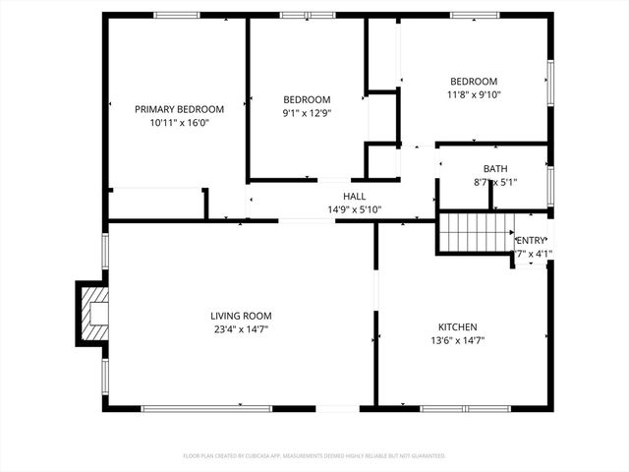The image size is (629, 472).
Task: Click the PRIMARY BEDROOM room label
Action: (179, 109)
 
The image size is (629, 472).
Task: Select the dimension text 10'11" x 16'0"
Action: (179, 123)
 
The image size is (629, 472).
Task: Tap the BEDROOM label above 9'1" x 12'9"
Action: (307, 99)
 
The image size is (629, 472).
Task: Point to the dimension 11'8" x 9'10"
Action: (474, 95)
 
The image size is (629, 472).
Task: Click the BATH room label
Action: (494, 169)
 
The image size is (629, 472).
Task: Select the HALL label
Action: (354, 197)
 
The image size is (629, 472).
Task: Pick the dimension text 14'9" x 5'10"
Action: (354, 209)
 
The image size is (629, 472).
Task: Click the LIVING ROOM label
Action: (240, 316)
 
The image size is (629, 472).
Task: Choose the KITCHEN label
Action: (457, 326)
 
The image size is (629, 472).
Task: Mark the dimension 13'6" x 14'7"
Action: (457, 340)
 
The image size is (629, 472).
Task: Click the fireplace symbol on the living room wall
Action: (93, 313)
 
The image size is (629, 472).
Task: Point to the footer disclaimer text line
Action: (314, 456)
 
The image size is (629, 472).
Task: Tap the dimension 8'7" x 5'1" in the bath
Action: (494, 182)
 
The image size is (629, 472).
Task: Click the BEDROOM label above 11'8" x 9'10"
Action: (474, 82)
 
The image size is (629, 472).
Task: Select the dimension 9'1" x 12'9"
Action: (307, 113)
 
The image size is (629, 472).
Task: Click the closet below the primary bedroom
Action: (155, 204)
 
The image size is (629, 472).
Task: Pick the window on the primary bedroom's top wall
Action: (177, 15)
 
